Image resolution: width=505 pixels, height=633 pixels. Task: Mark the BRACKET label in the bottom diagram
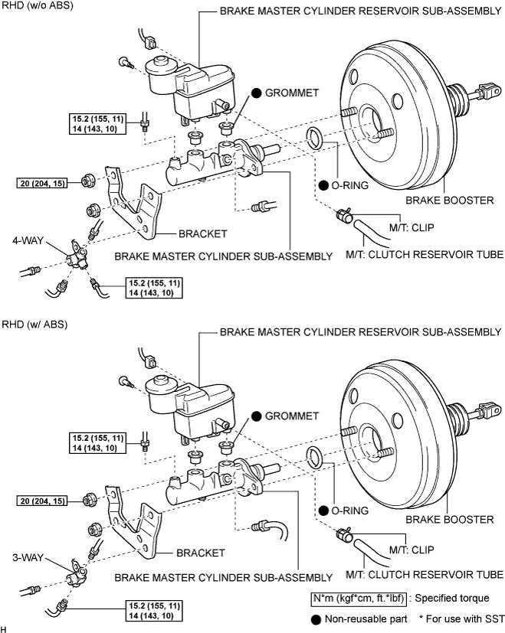click(201, 551)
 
